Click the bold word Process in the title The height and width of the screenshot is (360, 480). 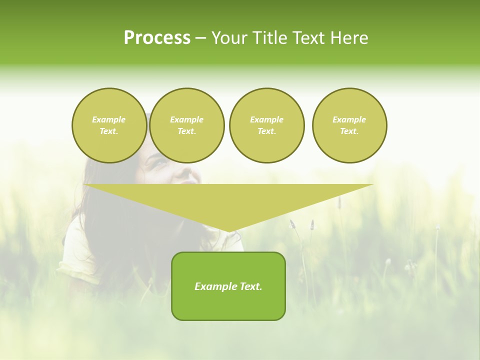click(x=157, y=38)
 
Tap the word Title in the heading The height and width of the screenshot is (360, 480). click(x=268, y=38)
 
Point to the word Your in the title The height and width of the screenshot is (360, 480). click(x=230, y=38)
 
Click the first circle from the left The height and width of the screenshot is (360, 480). click(x=109, y=125)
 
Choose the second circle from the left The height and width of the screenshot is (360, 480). click(x=186, y=125)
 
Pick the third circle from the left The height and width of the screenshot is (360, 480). click(x=266, y=125)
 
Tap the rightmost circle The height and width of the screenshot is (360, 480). click(x=349, y=125)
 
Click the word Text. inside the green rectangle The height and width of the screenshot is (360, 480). click(x=250, y=286)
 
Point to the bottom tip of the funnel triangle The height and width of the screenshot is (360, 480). click(x=228, y=231)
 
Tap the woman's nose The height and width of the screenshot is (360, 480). click(x=186, y=172)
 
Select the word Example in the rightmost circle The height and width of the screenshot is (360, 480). click(x=349, y=119)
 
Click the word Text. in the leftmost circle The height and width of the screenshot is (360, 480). click(x=109, y=131)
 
